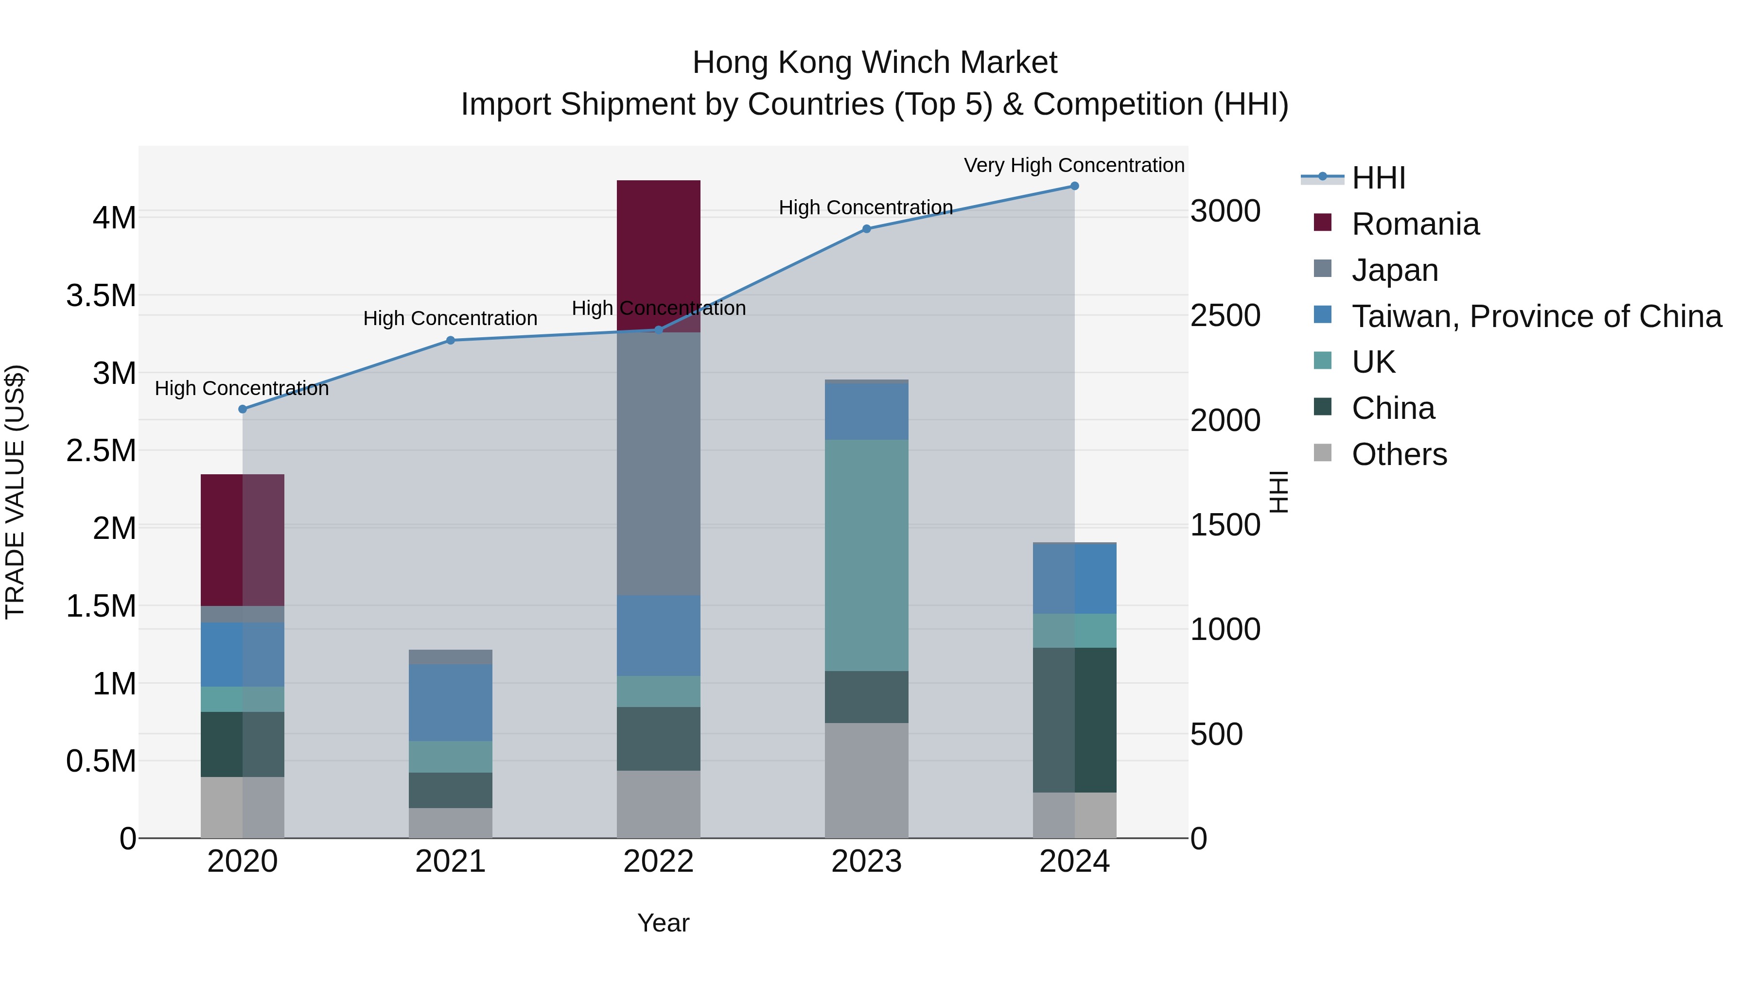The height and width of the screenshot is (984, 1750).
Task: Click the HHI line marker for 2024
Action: coord(1074,186)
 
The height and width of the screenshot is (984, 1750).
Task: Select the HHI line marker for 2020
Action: coord(243,409)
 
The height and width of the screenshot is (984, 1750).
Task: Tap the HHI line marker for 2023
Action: coord(866,229)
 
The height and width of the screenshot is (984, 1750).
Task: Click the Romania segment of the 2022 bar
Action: coord(658,251)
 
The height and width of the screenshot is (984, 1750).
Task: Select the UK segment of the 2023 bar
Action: coord(866,555)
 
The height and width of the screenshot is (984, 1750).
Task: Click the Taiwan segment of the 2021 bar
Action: coord(451,702)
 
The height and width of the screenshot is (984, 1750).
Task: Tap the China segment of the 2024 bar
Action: coord(1074,720)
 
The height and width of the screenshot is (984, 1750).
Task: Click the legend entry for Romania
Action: coord(1415,224)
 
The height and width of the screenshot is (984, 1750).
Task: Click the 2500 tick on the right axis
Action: coord(1225,316)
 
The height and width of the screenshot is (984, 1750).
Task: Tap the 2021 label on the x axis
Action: coord(451,862)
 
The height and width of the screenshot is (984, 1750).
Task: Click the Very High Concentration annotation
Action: coord(1073,165)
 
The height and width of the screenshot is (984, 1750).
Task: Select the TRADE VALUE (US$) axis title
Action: coord(15,492)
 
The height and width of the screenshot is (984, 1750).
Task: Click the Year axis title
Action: coord(663,923)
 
